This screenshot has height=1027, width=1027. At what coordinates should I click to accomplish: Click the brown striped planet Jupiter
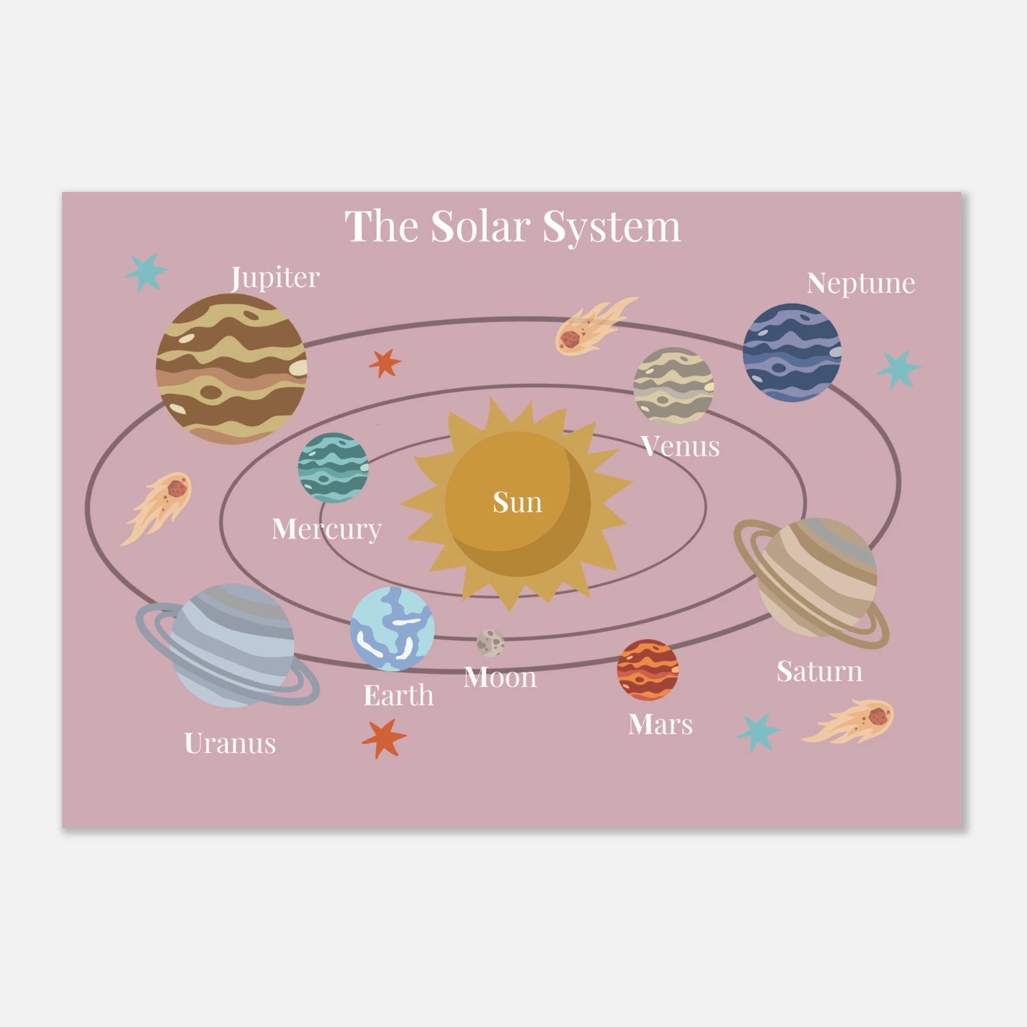coord(231,369)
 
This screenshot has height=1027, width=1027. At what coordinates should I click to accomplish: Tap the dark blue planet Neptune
coord(791,353)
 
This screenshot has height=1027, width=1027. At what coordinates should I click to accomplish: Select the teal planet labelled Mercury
coord(333,468)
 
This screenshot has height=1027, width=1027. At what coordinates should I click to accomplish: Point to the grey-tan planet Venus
coord(673,387)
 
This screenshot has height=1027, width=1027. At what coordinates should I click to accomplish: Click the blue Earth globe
coord(392,629)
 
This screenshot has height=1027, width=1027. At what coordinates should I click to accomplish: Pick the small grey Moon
coord(490,643)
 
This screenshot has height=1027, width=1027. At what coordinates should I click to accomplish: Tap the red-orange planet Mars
coord(647,670)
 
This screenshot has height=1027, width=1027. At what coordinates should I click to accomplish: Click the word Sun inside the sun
coord(517,502)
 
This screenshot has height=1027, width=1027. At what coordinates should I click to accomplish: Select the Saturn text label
coord(819,671)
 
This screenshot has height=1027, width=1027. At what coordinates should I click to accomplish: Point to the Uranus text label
coord(230,743)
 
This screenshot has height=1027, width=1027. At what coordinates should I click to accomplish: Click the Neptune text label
coord(861,283)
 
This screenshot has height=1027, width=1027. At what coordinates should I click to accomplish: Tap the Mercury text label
coord(327,530)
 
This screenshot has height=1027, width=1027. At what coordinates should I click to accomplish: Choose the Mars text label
coord(660,724)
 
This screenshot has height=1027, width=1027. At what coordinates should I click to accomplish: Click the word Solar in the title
coord(480,227)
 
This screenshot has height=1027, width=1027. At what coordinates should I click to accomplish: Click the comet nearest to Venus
coord(594,325)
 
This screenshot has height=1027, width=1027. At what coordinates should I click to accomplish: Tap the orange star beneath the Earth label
coord(384,738)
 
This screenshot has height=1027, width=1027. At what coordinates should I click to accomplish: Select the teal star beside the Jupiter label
coord(146,272)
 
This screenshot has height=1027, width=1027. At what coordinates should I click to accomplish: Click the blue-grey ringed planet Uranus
coord(229,645)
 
